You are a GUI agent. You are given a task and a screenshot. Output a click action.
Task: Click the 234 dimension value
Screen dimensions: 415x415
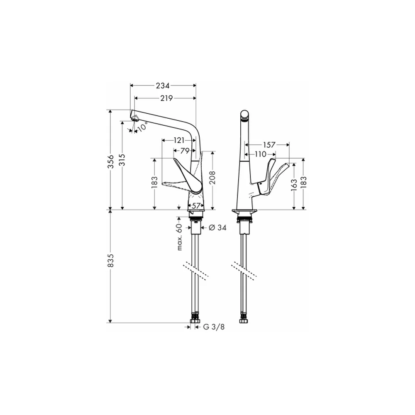pos(163,85)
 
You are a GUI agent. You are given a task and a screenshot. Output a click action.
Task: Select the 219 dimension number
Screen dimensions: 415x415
pos(166,98)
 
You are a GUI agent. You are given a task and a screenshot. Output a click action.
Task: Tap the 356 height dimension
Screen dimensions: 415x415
pos(111,161)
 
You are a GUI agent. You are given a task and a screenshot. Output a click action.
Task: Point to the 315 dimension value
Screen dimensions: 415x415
pos(122,160)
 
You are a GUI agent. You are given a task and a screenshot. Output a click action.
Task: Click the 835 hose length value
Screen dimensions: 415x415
pos(111,261)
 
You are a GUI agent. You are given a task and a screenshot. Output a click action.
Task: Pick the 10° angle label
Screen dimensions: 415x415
pos(142,127)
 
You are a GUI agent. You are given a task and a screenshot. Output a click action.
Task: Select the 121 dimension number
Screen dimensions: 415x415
pos(179,140)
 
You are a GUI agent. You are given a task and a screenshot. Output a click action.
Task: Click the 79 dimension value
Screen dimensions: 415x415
pos(185,151)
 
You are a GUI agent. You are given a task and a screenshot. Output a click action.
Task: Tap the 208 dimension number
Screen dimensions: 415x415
pos(212,178)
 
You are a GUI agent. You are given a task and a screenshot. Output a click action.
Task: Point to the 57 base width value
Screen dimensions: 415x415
pos(196,206)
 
